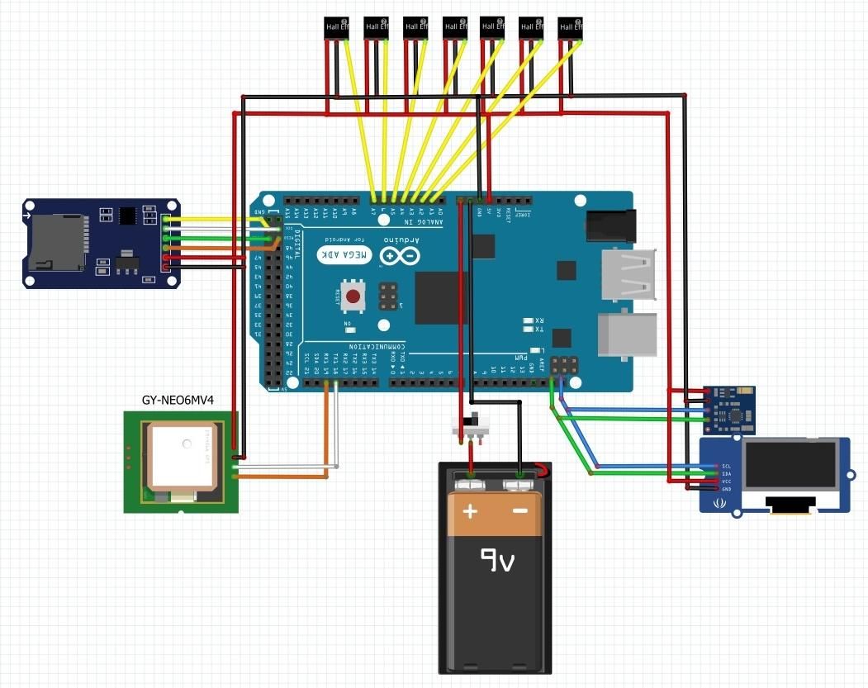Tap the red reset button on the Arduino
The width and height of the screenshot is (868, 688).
point(354,297)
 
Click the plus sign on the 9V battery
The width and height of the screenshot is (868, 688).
point(470,511)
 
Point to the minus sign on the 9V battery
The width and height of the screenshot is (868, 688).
point(520,511)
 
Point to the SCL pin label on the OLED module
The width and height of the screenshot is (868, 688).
point(726,466)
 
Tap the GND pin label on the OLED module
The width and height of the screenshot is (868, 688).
point(726,489)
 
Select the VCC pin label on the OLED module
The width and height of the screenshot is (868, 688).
point(726,482)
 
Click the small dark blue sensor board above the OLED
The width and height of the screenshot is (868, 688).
point(728,410)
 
